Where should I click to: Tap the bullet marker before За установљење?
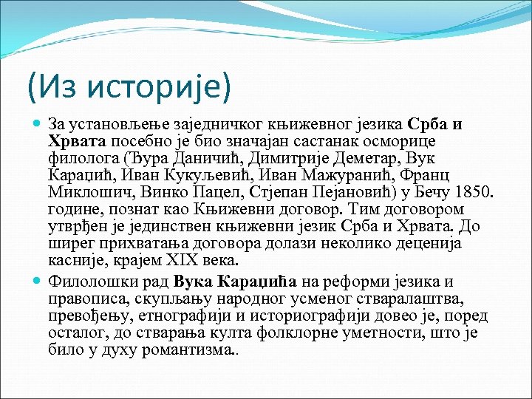click(38, 123)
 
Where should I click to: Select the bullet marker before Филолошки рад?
click(38, 282)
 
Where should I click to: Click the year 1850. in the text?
click(471, 193)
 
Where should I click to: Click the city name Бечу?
click(423, 193)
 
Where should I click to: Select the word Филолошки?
click(83, 282)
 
